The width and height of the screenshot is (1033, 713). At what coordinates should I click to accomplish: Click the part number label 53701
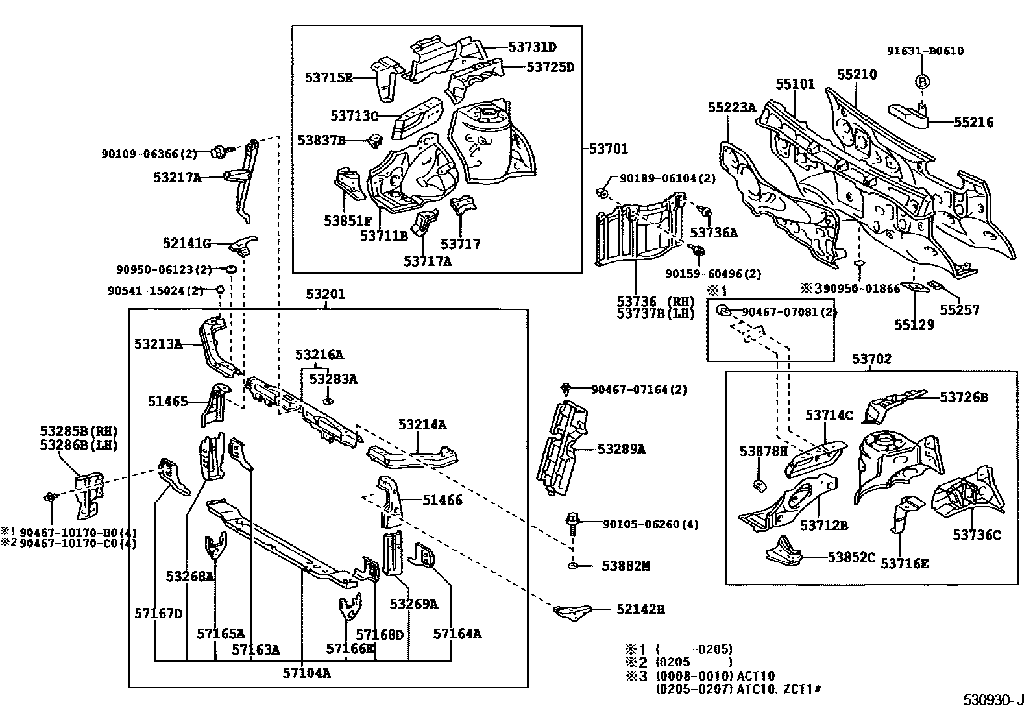609,149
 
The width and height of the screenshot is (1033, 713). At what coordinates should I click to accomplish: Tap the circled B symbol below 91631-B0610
922,81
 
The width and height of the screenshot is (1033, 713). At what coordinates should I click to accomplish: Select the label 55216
973,122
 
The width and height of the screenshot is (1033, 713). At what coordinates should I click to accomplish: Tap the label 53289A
621,449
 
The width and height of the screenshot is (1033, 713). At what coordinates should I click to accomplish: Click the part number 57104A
306,673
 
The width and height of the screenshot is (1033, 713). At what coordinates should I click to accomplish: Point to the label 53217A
177,177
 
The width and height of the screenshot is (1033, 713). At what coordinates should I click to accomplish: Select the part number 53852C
851,557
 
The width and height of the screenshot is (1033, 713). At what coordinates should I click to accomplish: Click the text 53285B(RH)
78,431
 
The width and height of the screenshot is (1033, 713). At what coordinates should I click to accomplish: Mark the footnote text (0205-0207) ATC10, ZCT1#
739,689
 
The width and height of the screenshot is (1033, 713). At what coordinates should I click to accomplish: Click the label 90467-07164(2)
638,389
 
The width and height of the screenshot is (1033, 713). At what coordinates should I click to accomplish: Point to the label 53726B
964,396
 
